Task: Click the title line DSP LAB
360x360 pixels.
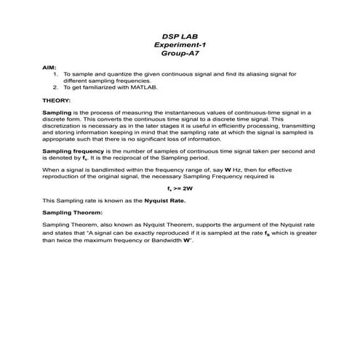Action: tap(180, 36)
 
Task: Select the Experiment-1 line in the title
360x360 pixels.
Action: tap(180, 44)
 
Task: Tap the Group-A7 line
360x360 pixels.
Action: tap(180, 53)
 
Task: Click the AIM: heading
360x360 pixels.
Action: tap(50, 67)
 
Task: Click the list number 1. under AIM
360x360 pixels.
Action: tap(56, 74)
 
